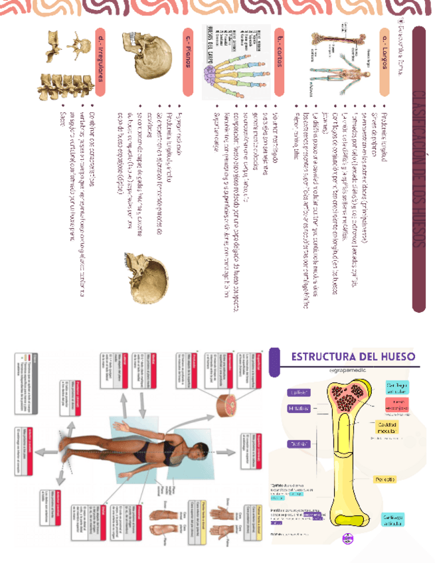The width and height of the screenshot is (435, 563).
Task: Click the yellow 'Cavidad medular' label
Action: click(387, 428)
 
